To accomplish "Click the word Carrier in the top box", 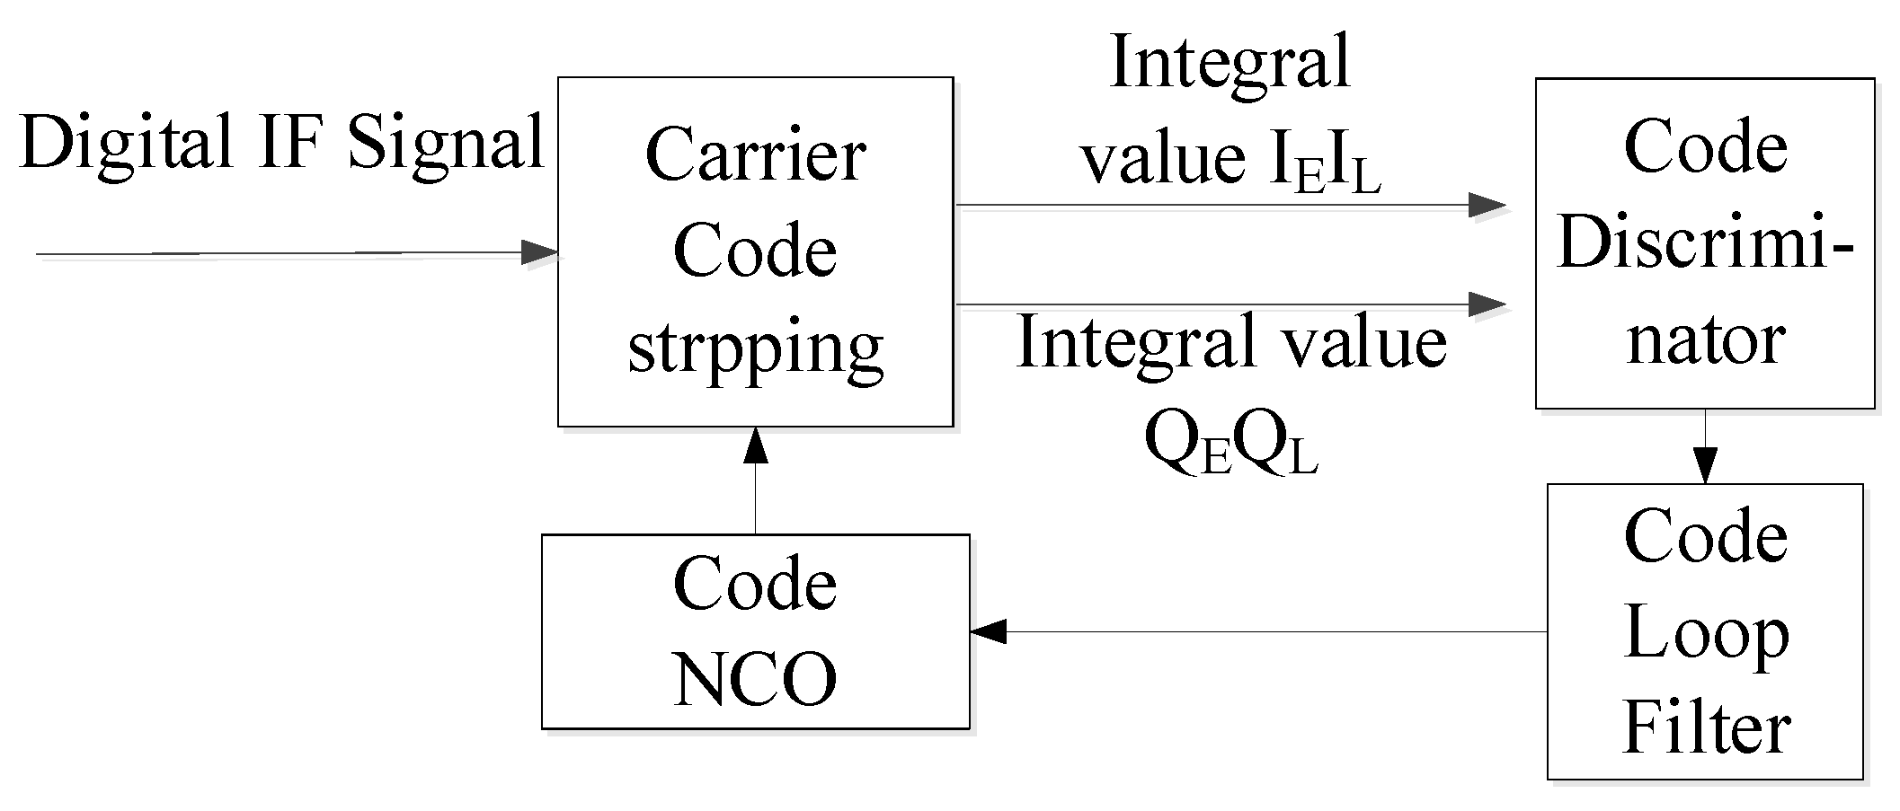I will pyautogui.click(x=755, y=155).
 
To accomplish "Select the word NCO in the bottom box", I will pyautogui.click(x=755, y=680).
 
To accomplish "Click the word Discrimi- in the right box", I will pyautogui.click(x=1705, y=243).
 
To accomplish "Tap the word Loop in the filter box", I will pyautogui.click(x=1705, y=635).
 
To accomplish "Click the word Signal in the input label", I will pyautogui.click(x=446, y=144).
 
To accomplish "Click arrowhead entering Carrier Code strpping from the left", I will pyautogui.click(x=539, y=252).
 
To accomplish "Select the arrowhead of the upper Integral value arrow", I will pyautogui.click(x=1487, y=205).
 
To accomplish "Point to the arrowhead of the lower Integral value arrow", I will pyautogui.click(x=1487, y=304).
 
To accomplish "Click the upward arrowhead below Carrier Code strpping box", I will pyautogui.click(x=756, y=445).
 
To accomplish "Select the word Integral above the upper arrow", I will pyautogui.click(x=1230, y=63).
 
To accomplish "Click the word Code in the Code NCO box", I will pyautogui.click(x=755, y=584).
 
